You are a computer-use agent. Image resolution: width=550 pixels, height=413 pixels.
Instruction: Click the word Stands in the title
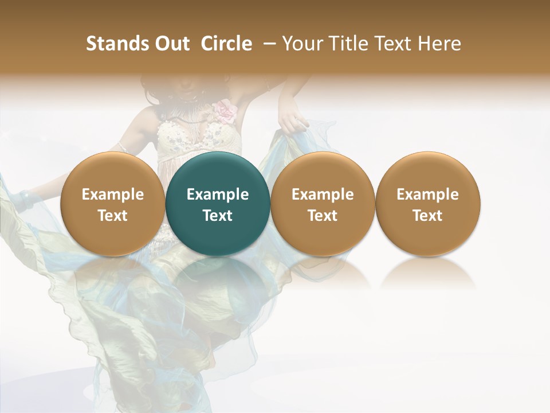[116, 44]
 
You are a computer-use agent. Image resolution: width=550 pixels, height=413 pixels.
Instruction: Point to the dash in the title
[267, 44]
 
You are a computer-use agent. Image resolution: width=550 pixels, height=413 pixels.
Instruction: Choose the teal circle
[218, 204]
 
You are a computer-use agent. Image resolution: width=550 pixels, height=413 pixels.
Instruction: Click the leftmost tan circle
[113, 204]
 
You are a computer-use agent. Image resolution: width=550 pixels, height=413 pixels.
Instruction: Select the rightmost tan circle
[427, 204]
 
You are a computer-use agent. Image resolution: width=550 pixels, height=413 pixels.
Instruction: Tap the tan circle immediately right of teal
[323, 204]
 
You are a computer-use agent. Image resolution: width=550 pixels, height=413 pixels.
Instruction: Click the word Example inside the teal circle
[218, 194]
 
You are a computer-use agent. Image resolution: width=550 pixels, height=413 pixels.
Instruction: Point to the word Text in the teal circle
[218, 216]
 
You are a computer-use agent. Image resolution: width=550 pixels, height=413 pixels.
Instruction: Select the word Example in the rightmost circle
[427, 194]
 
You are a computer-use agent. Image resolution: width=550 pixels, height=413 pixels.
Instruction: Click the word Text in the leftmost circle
[113, 216]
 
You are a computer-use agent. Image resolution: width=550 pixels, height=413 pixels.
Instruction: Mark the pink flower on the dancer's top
[225, 111]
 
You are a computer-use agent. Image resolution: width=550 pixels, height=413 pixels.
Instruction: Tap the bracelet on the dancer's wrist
[25, 198]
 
